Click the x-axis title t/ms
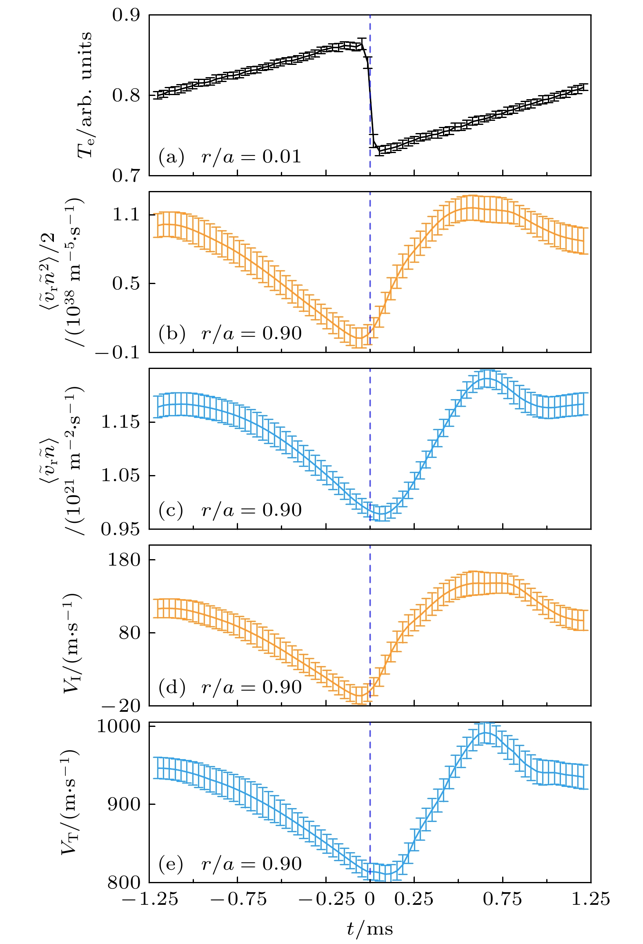click(370, 929)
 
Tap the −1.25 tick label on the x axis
click(150, 899)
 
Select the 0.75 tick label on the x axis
click(502, 899)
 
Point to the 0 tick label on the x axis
click(370, 899)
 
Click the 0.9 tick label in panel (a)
click(126, 15)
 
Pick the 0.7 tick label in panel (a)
click(126, 175)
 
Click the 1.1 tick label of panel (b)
click(126, 214)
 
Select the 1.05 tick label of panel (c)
click(120, 475)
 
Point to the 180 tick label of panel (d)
click(124, 560)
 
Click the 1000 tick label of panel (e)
click(118, 727)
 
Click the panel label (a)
click(171, 157)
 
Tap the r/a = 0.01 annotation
click(251, 157)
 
